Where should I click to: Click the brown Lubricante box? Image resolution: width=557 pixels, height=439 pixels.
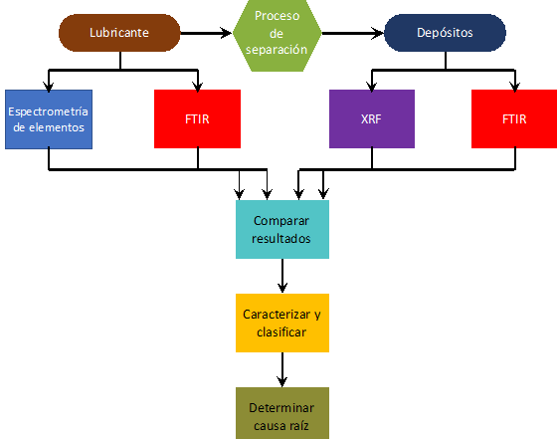[119, 33]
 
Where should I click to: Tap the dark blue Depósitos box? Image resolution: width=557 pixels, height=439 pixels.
[445, 33]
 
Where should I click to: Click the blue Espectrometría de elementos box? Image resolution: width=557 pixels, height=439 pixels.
[49, 119]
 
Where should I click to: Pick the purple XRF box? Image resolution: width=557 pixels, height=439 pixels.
[372, 118]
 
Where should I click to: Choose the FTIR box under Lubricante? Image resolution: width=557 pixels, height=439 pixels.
[198, 118]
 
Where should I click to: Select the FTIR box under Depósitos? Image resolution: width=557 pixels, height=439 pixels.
[514, 118]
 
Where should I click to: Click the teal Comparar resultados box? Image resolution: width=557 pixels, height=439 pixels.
[282, 229]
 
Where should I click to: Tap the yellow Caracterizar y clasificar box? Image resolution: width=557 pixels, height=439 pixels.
[282, 323]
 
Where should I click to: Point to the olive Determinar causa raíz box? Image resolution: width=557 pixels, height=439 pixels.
[282, 413]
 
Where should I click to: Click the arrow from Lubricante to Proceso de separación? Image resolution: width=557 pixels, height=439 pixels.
[207, 33]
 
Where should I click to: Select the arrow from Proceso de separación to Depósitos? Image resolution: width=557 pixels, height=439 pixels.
[353, 33]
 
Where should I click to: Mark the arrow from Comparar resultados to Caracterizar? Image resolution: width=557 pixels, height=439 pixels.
[282, 276]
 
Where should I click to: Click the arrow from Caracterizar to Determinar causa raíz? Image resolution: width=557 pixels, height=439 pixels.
[282, 369]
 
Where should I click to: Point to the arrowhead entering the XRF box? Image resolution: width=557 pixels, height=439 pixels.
[372, 87]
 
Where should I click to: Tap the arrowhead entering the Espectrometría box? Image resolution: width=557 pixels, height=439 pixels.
[49, 87]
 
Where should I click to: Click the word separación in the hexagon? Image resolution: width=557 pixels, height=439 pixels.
[277, 50]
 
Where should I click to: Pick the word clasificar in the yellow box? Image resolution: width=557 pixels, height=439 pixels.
[281, 332]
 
